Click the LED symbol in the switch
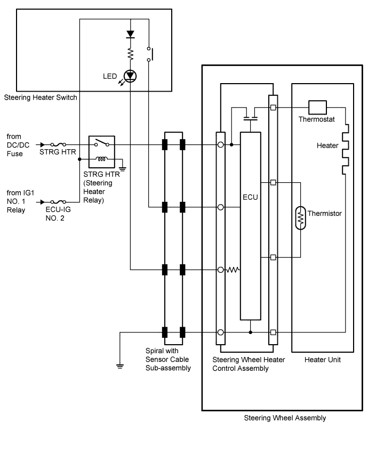130,76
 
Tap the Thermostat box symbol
317,108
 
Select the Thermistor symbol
300,218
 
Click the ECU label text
250,197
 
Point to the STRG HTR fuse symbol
58,144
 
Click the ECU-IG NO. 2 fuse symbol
58,202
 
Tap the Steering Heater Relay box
102,152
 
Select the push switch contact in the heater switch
150,54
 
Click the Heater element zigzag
346,149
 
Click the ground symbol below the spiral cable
120,366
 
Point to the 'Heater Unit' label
322,360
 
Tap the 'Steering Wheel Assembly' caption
285,418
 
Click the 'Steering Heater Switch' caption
41,97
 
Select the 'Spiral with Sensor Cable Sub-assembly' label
168,359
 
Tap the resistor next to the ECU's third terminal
233,270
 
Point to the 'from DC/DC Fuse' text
18,145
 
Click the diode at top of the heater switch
131,34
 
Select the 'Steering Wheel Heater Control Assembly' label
249,364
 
